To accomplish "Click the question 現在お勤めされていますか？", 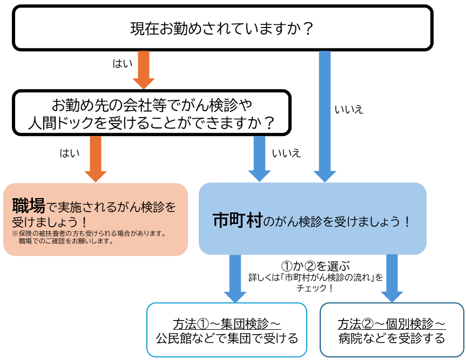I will tap(222, 28).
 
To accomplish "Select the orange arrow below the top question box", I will tap(144, 69).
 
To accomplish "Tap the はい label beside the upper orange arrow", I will tap(122, 64).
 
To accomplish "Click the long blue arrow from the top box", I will tap(325, 116).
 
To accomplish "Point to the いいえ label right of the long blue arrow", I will tap(349, 110).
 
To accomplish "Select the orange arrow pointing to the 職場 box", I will tap(96, 158).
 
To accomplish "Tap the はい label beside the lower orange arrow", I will tap(69, 153).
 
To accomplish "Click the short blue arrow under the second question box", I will tap(259, 158).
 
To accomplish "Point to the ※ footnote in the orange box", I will tap(89, 237).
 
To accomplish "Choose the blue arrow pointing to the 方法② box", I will tap(392, 279).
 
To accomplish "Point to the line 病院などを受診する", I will tap(391, 339).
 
